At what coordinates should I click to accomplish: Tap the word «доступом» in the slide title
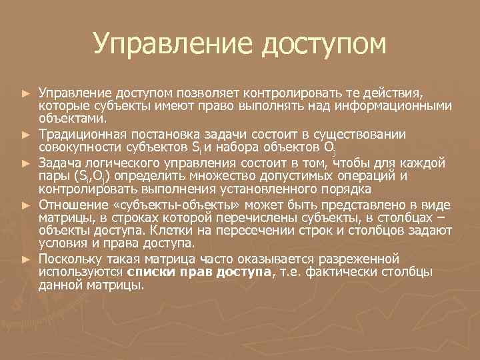tap(325, 45)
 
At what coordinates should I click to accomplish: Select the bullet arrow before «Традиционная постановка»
tap(26, 134)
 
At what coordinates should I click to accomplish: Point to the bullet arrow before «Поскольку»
tap(26, 258)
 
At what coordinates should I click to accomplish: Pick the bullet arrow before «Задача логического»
tap(26, 162)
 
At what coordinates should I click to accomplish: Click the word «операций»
tap(367, 175)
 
